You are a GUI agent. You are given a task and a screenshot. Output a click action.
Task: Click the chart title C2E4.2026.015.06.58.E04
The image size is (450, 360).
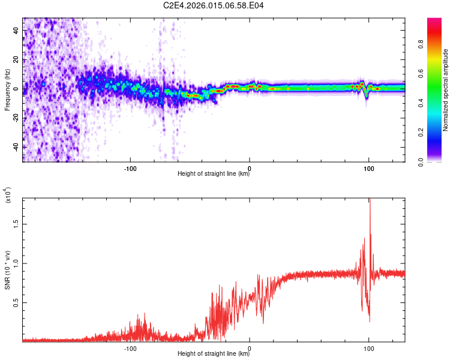pyautogui.click(x=214, y=5)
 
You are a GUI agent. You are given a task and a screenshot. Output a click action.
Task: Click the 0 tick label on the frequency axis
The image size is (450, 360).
pyautogui.click(x=18, y=89)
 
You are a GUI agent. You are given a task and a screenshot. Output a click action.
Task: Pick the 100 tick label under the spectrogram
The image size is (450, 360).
pyautogui.click(x=368, y=167)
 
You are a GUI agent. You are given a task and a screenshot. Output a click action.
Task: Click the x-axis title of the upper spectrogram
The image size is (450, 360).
pyautogui.click(x=214, y=174)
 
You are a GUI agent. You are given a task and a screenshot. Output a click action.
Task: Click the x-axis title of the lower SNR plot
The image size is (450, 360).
pyautogui.click(x=214, y=353)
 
